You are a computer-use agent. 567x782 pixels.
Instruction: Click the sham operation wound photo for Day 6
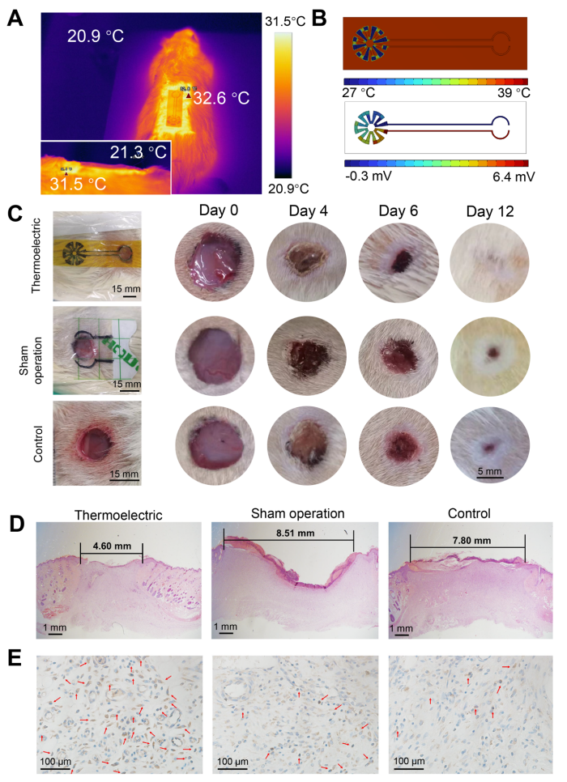pos(398,354)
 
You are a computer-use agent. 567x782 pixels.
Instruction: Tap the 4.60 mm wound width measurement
pos(111,548)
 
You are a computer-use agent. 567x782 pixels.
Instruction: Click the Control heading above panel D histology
pos(467,513)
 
